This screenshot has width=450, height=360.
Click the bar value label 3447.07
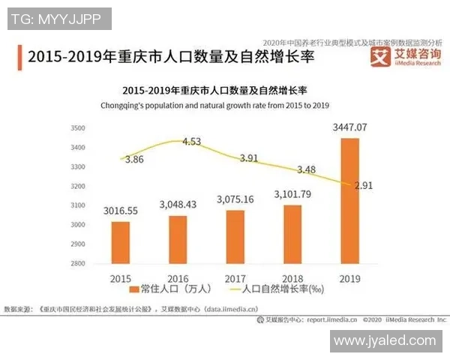[x=350, y=127]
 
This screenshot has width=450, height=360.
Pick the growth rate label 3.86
[x=135, y=160]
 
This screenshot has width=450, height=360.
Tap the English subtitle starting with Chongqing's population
[x=215, y=105]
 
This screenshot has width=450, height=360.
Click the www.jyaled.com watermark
[x=384, y=340]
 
